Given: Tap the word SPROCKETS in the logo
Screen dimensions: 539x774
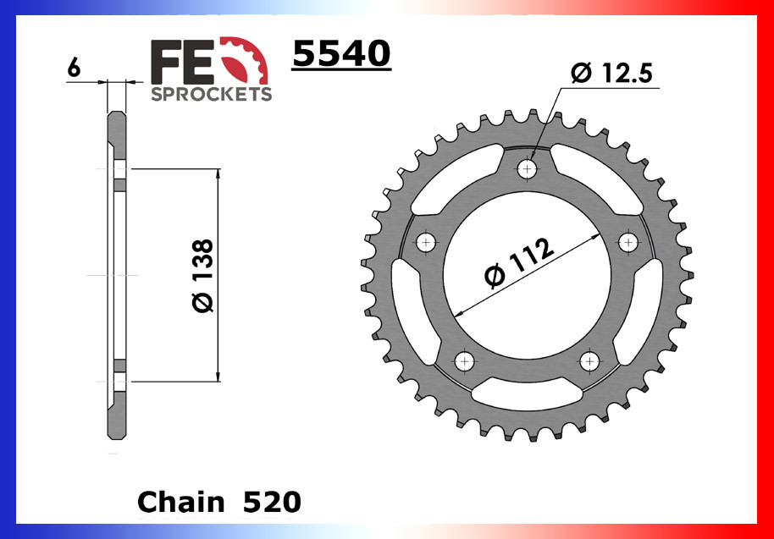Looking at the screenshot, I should click(x=211, y=93).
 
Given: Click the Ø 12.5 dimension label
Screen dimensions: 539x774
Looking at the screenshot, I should click(x=611, y=74).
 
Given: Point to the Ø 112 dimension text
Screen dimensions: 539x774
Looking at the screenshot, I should click(x=519, y=262).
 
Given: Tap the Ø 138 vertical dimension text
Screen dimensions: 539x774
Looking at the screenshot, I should click(x=203, y=276).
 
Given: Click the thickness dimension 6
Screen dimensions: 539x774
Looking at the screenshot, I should click(x=74, y=69).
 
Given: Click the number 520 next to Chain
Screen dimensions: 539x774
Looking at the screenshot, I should click(x=270, y=502).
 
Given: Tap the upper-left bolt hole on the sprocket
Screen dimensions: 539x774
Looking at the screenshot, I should click(x=426, y=244).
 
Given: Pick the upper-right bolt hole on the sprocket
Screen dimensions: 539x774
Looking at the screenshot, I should click(x=627, y=244).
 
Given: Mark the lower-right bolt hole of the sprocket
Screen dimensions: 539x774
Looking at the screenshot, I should click(x=589, y=362).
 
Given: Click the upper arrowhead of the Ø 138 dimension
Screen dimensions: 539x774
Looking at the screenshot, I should click(x=218, y=174).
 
